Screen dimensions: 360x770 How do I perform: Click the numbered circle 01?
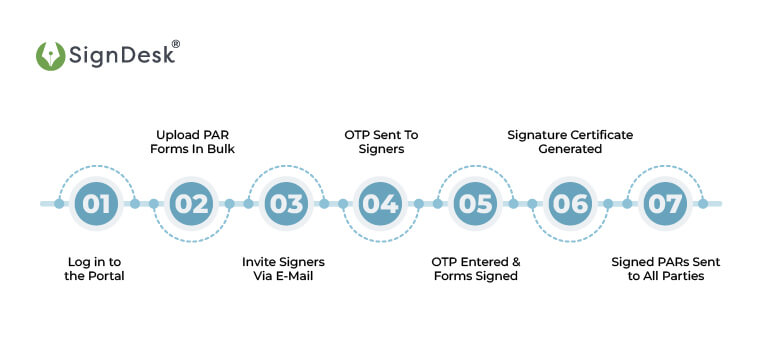96,204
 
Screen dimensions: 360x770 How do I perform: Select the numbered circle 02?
191,204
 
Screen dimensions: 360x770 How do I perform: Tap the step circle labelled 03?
286,204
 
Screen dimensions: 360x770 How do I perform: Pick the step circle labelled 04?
380,204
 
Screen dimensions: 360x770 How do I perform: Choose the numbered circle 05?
475,204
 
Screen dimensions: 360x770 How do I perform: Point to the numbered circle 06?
570,204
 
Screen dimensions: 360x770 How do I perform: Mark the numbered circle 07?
664,204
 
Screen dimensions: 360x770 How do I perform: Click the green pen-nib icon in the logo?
50,55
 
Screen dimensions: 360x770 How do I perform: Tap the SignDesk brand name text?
120,56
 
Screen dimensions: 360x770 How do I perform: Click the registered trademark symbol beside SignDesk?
176,44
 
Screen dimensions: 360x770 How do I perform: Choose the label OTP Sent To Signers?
380,141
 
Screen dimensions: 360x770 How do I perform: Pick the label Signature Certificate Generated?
570,141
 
